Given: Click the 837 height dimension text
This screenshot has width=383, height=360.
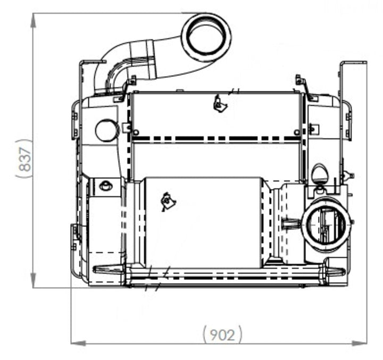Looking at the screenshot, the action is (25, 159).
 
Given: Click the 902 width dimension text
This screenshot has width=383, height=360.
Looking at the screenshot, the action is (222, 334).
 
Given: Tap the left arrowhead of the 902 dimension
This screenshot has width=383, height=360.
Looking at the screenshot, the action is (78, 343).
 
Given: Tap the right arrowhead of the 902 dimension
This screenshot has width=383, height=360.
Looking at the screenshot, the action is (359, 343).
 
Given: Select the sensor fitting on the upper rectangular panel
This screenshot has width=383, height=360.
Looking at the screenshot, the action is (219, 104).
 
